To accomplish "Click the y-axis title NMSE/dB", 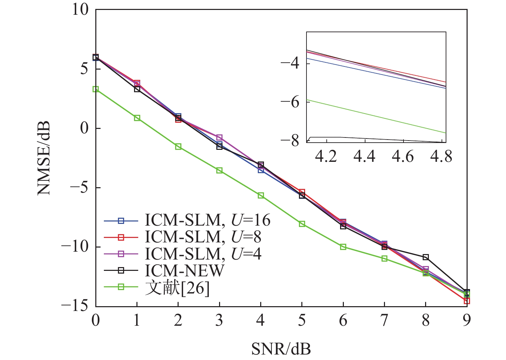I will [44, 158].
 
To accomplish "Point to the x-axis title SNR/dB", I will [281, 349].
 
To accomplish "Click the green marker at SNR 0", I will [96, 89].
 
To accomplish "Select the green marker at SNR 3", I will [219, 170].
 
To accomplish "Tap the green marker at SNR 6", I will [343, 247].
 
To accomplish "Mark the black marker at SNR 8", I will [425, 257].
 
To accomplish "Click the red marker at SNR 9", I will [467, 301].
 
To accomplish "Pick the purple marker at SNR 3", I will [219, 137].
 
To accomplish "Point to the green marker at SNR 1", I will [137, 118].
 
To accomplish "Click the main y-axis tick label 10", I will [80, 10].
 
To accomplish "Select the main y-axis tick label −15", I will [75, 306].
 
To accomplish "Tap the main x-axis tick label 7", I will [384, 321].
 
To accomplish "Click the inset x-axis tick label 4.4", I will [365, 157].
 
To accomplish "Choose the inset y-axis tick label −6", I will [290, 102].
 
